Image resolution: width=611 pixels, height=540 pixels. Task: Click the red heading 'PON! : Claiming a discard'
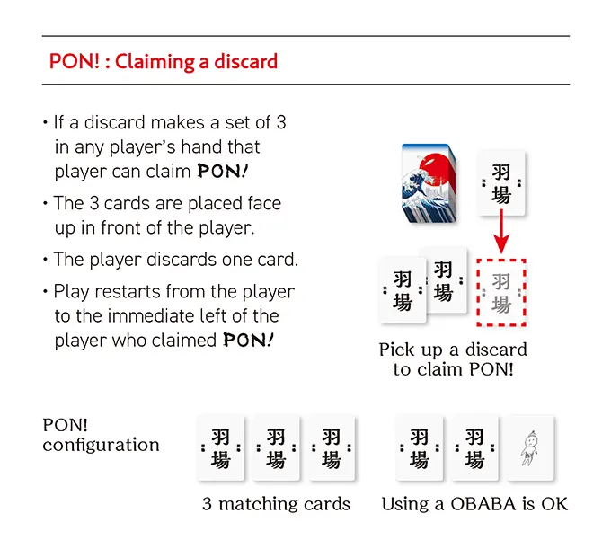164,61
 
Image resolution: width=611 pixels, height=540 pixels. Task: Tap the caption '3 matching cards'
277,504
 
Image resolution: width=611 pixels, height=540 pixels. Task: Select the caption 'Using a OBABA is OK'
474,504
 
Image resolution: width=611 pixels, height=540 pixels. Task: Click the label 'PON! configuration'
101,434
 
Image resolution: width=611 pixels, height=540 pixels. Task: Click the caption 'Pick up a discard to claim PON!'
453,359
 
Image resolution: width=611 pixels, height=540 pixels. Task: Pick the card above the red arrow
500,183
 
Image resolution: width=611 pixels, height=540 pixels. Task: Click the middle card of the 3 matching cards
277,448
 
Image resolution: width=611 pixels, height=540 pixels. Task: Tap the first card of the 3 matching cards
221,448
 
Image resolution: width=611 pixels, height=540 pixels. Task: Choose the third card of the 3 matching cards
331,448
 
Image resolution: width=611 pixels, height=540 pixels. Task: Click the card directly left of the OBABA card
474,448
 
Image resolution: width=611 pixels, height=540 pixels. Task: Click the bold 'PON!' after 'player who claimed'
248,341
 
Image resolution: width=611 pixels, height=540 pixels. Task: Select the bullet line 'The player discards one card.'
171,260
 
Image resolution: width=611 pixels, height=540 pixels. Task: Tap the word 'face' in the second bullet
261,203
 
